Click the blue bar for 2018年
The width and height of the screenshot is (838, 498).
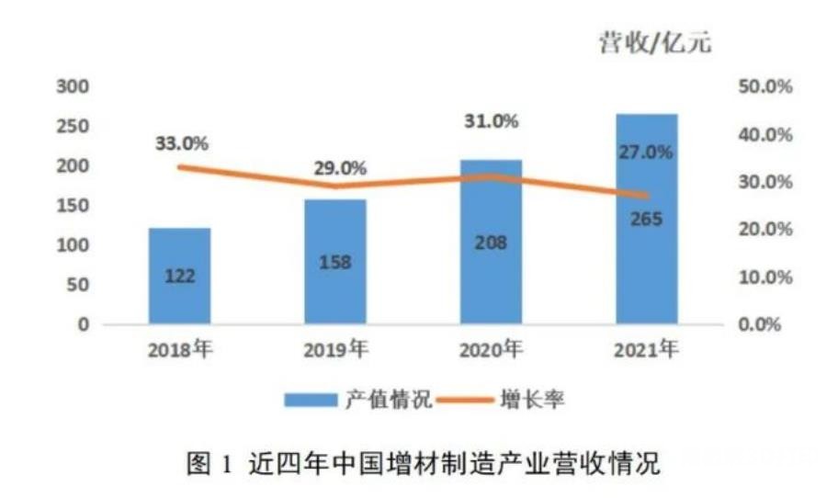click(179, 276)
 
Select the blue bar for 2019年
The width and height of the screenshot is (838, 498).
click(334, 262)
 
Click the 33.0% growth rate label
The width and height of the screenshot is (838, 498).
click(180, 143)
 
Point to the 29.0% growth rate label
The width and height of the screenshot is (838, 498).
click(339, 168)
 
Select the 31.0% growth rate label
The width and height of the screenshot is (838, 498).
click(492, 120)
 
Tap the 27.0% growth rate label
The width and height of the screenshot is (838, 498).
click(646, 153)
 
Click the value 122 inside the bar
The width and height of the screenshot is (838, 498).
click(179, 277)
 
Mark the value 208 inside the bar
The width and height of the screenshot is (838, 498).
click(491, 243)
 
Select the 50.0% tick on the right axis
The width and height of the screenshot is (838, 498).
click(764, 87)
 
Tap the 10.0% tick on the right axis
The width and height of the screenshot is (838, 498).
click(764, 277)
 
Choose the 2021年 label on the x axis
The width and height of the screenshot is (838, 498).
click(647, 349)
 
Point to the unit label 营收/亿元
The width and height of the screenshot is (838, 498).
click(654, 43)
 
